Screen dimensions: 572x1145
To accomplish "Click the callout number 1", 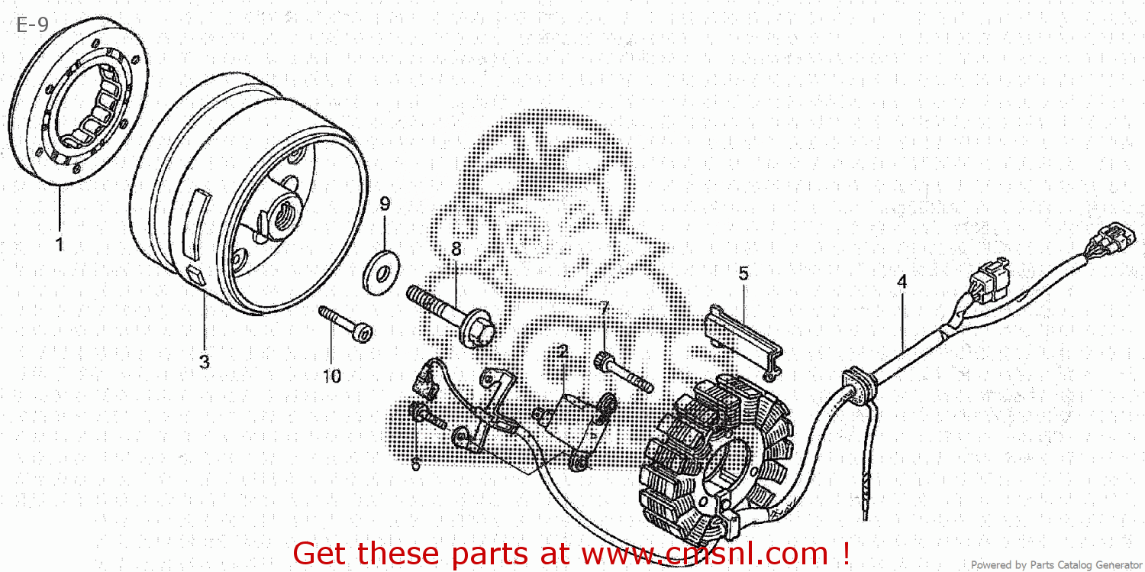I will (x=59, y=245).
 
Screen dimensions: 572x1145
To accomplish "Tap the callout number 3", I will (x=204, y=362).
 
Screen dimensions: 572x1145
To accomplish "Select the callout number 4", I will (x=901, y=282).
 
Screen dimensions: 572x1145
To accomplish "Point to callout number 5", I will (x=743, y=273).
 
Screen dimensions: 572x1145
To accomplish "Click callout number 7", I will (x=604, y=309).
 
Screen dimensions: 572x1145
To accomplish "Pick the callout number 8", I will (x=456, y=249).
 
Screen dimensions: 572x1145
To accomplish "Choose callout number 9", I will (x=385, y=204).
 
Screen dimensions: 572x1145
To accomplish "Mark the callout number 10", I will (x=332, y=376).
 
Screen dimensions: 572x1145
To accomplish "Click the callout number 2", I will (x=563, y=352).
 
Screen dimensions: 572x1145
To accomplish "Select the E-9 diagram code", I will (x=32, y=25).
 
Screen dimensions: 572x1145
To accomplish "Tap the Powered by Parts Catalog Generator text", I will (x=1056, y=565).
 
